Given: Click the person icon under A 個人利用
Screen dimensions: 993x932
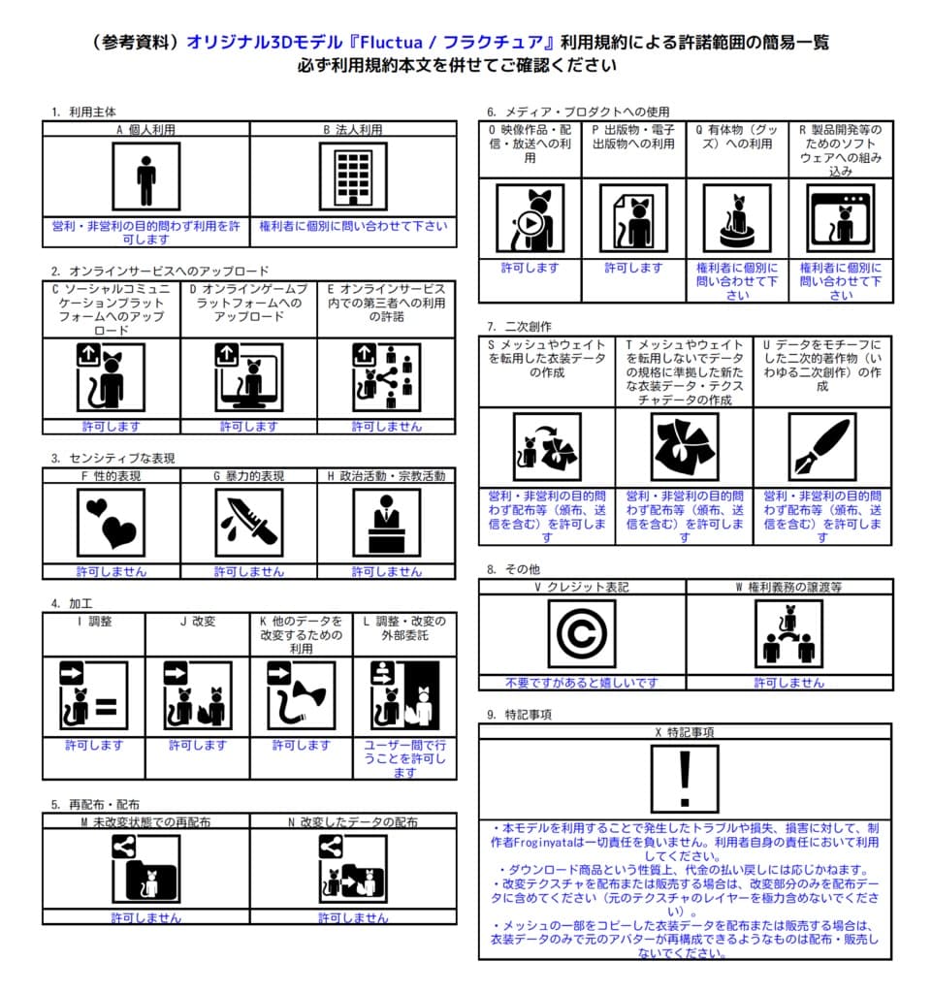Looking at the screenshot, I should pyautogui.click(x=145, y=176).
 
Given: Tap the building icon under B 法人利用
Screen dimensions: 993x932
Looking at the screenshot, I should pyautogui.click(x=353, y=176).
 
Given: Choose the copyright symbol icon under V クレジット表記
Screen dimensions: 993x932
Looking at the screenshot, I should pyautogui.click(x=581, y=633).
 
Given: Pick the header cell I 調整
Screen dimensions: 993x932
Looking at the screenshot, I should pyautogui.click(x=94, y=622).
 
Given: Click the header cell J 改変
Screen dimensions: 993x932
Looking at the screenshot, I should pyautogui.click(x=198, y=622).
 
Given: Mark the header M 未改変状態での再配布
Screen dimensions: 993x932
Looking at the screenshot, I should pyautogui.click(x=145, y=821).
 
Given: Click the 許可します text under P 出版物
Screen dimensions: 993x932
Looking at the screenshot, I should pyautogui.click(x=633, y=268).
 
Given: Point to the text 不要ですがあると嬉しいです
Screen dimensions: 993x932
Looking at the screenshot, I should pyautogui.click(x=582, y=683).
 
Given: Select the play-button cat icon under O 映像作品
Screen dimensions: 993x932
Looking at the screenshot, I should pyautogui.click(x=530, y=218).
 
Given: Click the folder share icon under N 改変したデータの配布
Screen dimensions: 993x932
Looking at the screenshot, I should pyautogui.click(x=352, y=869).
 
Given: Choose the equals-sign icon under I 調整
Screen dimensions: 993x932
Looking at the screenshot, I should pyautogui.click(x=94, y=696).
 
